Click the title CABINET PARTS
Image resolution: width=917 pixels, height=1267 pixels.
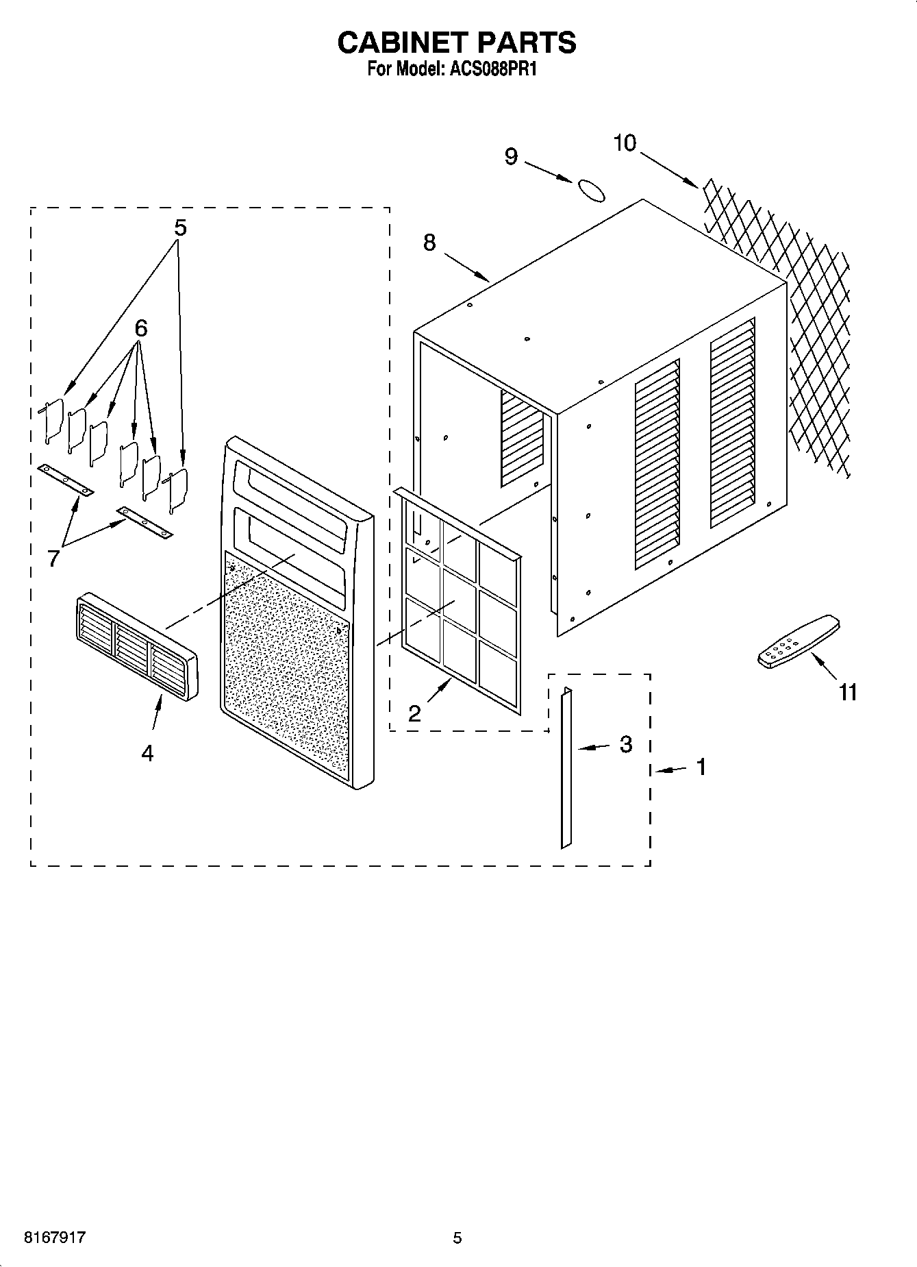[457, 42]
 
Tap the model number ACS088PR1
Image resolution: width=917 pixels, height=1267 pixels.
[490, 69]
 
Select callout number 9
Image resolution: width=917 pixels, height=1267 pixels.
[511, 157]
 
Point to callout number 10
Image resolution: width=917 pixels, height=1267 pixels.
[625, 143]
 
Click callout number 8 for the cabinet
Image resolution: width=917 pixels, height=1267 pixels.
[429, 242]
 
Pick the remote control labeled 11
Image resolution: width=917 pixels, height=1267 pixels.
[799, 641]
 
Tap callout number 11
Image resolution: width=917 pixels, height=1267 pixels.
[848, 693]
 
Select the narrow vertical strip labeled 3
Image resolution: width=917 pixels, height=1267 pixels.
[566, 768]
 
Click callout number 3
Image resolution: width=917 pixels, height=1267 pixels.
[625, 744]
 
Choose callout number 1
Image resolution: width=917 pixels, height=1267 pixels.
[701, 767]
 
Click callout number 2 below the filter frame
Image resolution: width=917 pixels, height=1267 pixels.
[414, 713]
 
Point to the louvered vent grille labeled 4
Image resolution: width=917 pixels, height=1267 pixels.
[136, 642]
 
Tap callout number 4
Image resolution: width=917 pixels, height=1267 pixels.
[147, 753]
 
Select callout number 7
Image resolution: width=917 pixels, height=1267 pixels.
[53, 558]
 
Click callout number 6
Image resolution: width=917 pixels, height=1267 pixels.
[140, 329]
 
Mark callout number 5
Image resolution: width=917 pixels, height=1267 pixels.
[179, 227]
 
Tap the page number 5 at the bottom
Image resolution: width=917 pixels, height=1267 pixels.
[457, 1238]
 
